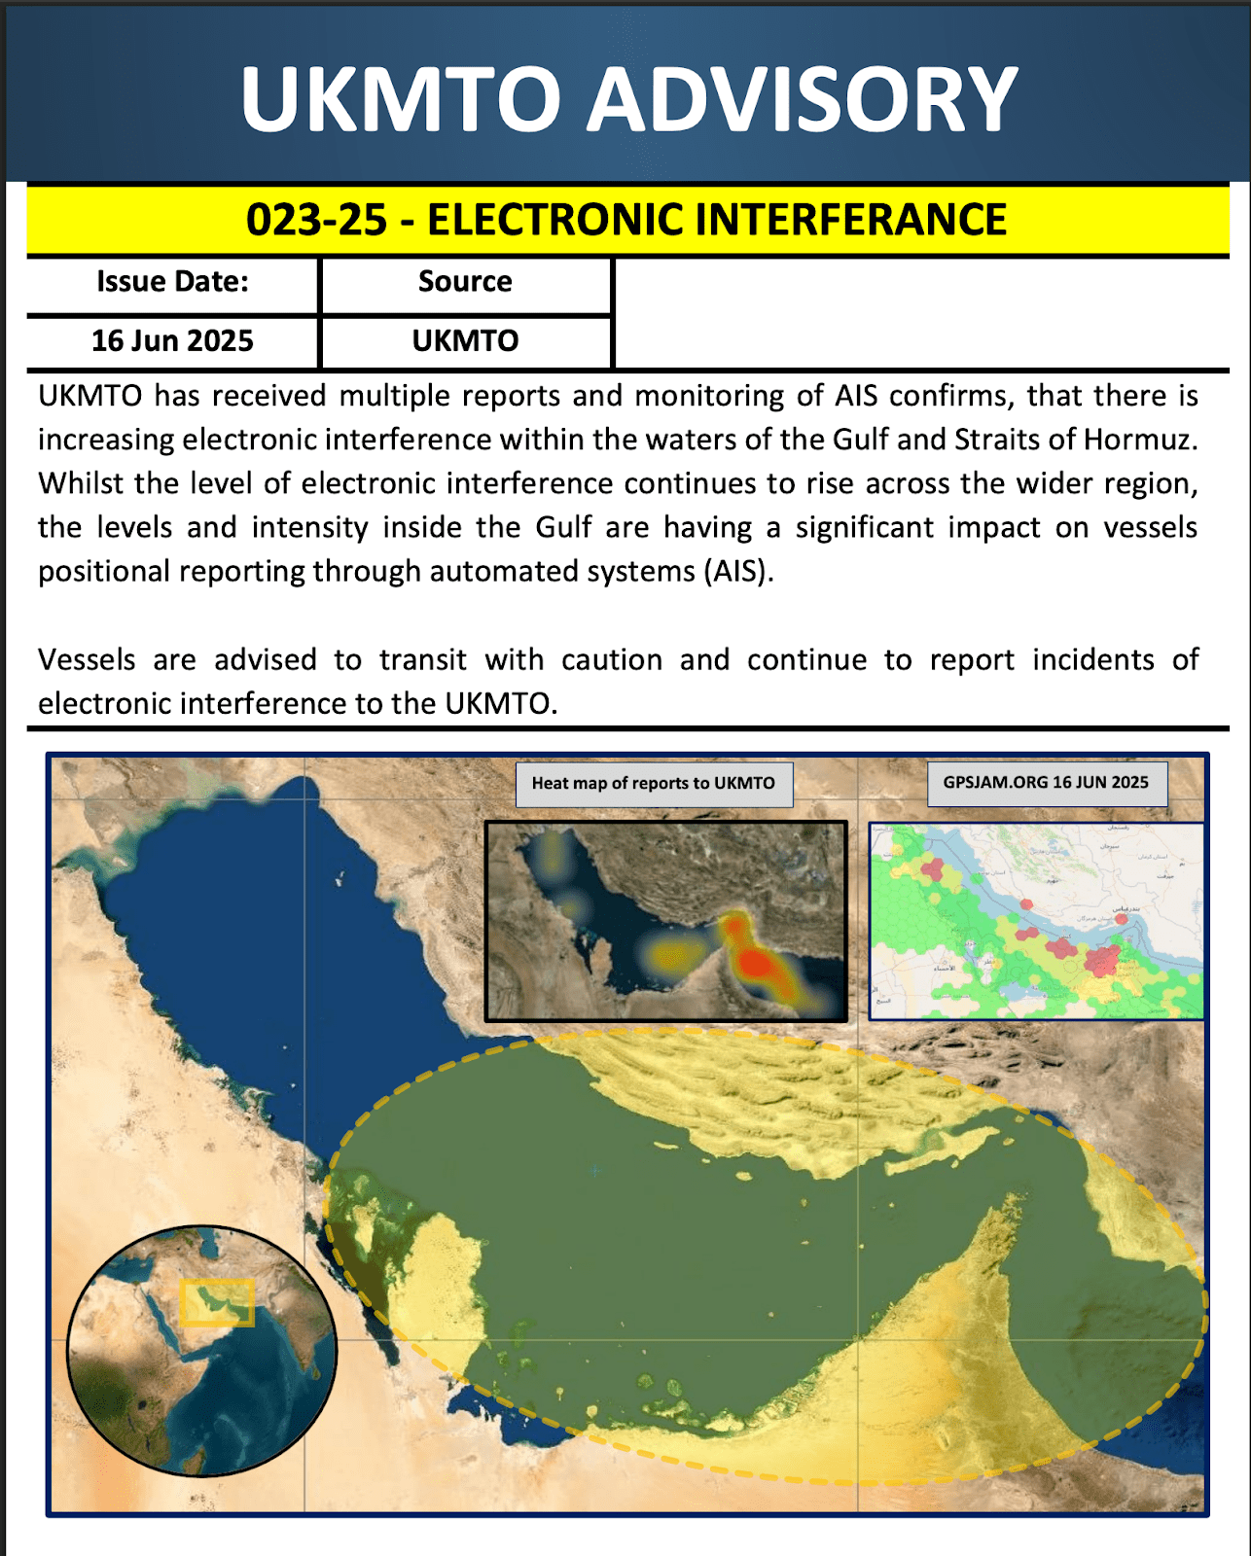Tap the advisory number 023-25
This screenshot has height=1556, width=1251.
[x=316, y=220]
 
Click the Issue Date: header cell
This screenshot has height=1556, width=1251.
[x=172, y=282]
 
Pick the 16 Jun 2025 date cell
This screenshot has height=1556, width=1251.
[x=172, y=341]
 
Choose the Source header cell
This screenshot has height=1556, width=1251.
[x=465, y=282]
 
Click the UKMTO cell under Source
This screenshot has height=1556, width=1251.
[x=465, y=341]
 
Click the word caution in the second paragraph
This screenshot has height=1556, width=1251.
[x=611, y=659]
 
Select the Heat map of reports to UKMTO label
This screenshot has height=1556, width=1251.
[x=653, y=784]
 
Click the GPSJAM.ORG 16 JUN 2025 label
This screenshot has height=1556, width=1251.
[x=1046, y=783]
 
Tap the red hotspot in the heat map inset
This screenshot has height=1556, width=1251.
[x=755, y=963]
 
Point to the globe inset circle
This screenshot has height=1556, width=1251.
[x=201, y=1351]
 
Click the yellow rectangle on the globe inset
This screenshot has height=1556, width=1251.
[x=217, y=1303]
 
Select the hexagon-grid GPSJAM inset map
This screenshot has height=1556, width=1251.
[x=1035, y=920]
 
